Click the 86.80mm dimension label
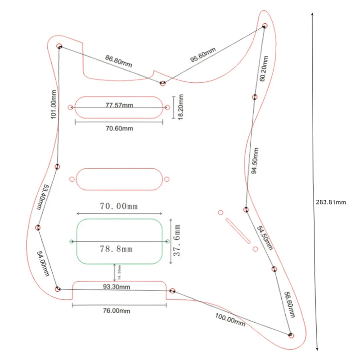(x=119, y=61)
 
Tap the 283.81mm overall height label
(x=331, y=202)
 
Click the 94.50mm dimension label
(x=255, y=161)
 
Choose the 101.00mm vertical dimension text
(x=54, y=104)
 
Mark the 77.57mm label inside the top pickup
(x=119, y=105)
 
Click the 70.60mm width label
(x=119, y=128)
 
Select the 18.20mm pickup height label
(x=180, y=106)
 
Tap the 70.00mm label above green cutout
(x=119, y=207)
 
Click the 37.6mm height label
(x=177, y=241)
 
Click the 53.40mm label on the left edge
(x=43, y=197)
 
